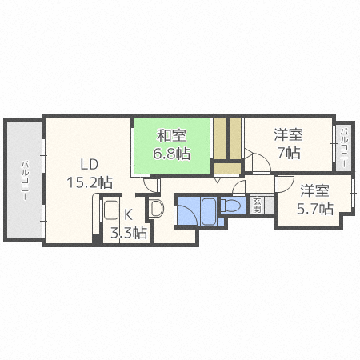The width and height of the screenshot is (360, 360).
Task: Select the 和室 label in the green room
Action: click(170, 136)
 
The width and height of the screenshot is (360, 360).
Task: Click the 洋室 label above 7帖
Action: click(287, 135)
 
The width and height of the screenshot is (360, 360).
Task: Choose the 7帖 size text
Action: click(289, 152)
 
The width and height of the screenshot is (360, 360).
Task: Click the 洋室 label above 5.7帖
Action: click(314, 191)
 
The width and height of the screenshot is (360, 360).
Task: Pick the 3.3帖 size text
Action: click(128, 233)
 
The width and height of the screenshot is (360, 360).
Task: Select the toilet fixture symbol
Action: click(232, 206)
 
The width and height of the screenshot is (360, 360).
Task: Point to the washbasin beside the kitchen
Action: click(156, 211)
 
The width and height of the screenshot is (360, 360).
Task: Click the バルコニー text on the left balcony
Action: click(25, 179)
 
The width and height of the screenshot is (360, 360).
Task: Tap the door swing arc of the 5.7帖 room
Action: click(285, 184)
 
